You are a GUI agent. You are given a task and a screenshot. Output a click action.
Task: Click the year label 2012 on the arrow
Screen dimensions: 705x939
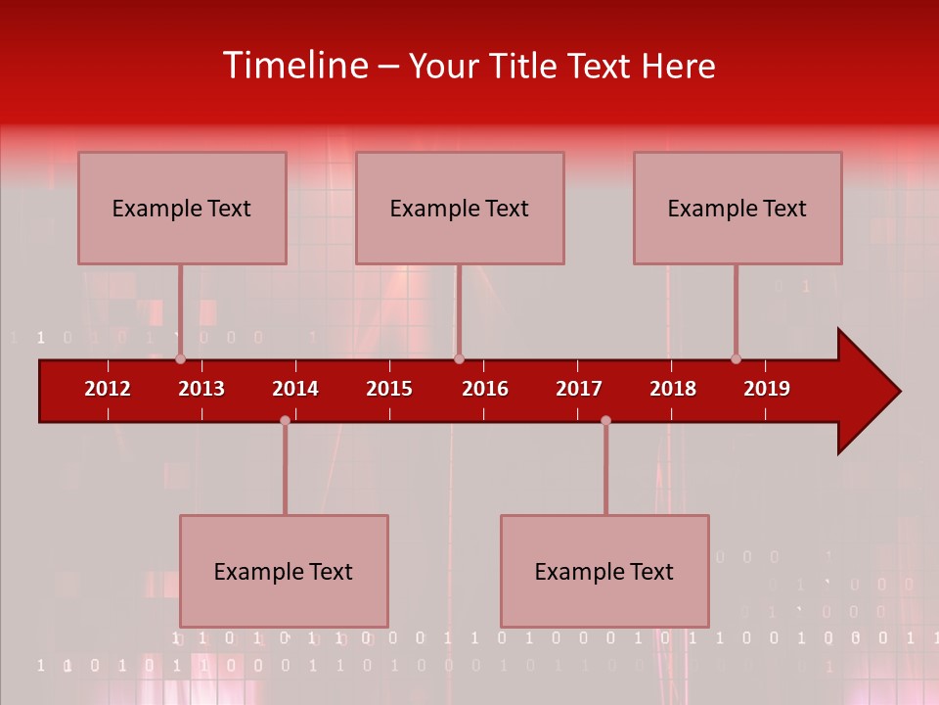pyautogui.click(x=108, y=389)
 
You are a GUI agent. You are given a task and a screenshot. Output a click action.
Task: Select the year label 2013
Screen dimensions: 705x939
pyautogui.click(x=201, y=389)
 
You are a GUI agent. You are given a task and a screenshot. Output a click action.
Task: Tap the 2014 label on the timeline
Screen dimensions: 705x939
pyautogui.click(x=295, y=389)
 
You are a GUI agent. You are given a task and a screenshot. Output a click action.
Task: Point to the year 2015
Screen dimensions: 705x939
pyautogui.click(x=389, y=389)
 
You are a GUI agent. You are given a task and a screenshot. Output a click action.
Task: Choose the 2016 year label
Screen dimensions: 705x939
pyautogui.click(x=485, y=389)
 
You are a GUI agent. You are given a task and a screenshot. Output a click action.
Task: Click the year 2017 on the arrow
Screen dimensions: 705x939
pyautogui.click(x=579, y=389)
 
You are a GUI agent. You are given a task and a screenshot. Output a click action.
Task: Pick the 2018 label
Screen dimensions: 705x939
pyautogui.click(x=673, y=389)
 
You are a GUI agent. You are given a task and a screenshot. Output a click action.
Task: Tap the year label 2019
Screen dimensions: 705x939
pyautogui.click(x=767, y=389)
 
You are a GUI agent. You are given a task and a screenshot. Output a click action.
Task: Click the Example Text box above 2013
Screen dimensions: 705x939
pyautogui.click(x=182, y=208)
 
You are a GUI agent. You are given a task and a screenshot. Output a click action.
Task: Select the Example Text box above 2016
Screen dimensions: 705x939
pyautogui.click(x=460, y=208)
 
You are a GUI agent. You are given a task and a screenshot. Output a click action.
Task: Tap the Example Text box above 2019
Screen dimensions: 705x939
pyautogui.click(x=738, y=208)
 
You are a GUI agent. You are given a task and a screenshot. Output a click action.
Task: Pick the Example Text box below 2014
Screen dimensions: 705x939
pyautogui.click(x=284, y=571)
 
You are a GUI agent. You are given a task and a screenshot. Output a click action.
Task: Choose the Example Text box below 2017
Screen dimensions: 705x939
pyautogui.click(x=604, y=571)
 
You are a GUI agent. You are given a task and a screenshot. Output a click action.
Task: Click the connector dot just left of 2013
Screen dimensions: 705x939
pyautogui.click(x=181, y=359)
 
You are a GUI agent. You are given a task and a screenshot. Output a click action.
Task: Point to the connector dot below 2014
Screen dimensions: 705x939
pyautogui.click(x=285, y=420)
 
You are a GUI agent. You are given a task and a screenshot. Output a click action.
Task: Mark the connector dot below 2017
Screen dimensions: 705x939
pyautogui.click(x=605, y=420)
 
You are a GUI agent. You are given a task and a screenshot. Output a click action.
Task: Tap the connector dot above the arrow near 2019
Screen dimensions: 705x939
pyautogui.click(x=737, y=359)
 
